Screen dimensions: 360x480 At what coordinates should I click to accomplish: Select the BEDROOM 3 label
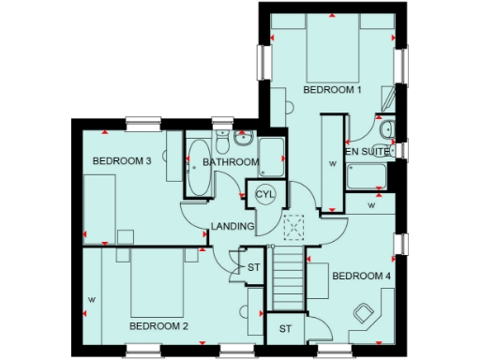pos(122,160)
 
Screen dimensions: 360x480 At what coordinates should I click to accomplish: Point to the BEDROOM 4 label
pos(361,276)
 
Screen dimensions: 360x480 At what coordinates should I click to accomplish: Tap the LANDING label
pos(232,226)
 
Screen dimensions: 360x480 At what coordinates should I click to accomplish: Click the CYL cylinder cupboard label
pos(265,193)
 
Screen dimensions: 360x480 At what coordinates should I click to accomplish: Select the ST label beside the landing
pos(253,268)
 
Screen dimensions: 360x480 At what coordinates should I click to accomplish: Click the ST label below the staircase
pos(285,328)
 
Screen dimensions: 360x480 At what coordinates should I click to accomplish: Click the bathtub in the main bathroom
pos(199,171)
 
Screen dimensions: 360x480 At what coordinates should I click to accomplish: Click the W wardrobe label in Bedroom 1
pos(332,163)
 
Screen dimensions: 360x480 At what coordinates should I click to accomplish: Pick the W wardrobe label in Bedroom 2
pos(91,300)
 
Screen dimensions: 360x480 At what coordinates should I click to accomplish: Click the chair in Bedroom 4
pos(363,312)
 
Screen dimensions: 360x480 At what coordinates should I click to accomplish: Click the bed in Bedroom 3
pos(98,206)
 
